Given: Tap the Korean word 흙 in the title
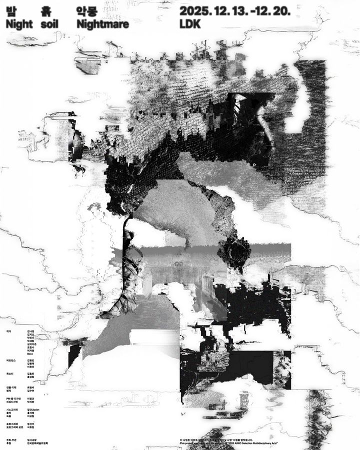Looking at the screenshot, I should click(x=47, y=10).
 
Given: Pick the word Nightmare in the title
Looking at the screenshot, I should click(x=102, y=23).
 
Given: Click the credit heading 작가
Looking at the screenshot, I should click(x=8, y=331).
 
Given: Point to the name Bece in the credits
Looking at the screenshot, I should click(x=29, y=353).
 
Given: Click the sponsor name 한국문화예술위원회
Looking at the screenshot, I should click(x=38, y=443).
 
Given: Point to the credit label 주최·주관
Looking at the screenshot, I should click(x=10, y=439).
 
